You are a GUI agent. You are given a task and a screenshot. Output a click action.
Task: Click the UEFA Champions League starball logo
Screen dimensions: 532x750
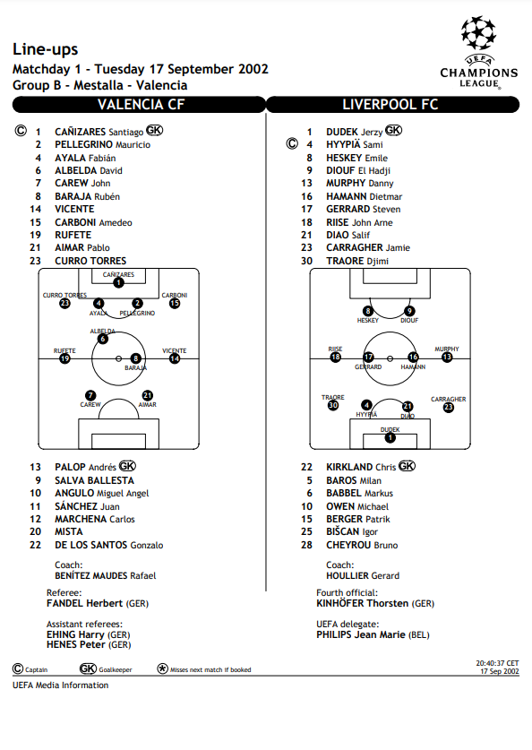[478, 33]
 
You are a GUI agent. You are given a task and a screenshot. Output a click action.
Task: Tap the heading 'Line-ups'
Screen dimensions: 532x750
[46, 49]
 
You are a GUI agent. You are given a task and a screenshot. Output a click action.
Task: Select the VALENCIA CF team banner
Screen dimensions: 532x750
[139, 105]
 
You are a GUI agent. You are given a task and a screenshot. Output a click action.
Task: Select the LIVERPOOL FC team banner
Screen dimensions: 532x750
[392, 105]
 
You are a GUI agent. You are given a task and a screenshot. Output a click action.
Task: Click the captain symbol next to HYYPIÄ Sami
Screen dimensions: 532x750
[292, 143]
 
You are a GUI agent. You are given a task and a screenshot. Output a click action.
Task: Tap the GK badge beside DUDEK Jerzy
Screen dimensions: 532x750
[393, 130]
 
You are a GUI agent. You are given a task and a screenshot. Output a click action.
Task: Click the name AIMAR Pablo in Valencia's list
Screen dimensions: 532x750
[82, 248]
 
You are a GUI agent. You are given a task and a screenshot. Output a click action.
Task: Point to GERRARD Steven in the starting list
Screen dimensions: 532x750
[364, 209]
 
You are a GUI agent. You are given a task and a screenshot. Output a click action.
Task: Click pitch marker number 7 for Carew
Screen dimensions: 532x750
[90, 395]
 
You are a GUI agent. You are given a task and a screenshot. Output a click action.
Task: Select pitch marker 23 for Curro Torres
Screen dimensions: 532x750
[64, 303]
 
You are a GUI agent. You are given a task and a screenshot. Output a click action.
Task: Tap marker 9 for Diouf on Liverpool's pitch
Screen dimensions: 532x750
[409, 311]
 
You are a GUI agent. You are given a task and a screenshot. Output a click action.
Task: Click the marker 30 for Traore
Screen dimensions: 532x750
[333, 405]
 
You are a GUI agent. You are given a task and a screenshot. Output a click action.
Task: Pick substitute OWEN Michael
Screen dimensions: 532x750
[357, 506]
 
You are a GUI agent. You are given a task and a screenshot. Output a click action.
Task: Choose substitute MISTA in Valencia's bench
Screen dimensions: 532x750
[69, 532]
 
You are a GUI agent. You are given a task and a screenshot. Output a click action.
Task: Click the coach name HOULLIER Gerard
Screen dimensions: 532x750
[363, 576]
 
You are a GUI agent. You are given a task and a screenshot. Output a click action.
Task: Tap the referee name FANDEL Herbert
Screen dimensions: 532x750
[84, 604]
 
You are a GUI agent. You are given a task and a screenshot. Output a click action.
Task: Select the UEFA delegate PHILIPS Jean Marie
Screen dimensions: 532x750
[361, 635]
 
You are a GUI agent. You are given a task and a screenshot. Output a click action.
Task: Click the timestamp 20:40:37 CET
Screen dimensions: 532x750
[497, 663]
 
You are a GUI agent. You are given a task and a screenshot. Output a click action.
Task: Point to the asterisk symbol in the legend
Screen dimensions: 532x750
[162, 668]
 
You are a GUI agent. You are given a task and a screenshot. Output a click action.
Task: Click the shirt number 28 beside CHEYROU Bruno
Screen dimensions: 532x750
[307, 546]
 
